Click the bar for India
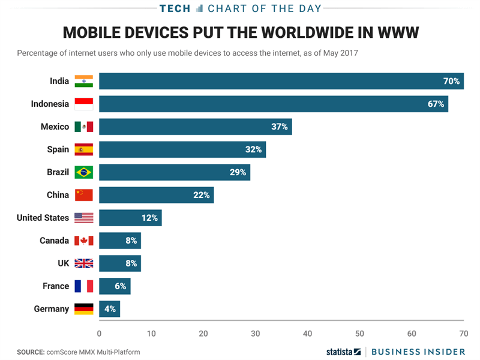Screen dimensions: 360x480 [281, 81]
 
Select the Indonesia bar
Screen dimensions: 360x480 [273, 104]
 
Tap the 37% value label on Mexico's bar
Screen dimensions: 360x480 [279, 127]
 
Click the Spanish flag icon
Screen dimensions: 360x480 [84, 149]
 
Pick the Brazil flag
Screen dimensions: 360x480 [84, 172]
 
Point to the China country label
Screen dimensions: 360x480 [58, 195]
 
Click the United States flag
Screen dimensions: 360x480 [84, 218]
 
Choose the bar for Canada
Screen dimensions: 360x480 [120, 241]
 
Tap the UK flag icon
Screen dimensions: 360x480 [84, 263]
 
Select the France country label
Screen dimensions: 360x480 [56, 286]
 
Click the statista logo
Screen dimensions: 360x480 [343, 352]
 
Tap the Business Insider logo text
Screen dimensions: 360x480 [418, 352]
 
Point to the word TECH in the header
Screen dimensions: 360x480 [175, 8]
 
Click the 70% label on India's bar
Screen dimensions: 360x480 [451, 81]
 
